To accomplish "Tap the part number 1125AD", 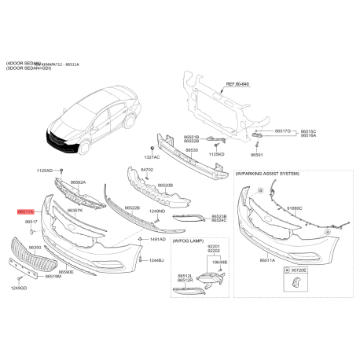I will click(x=44, y=171).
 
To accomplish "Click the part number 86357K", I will click(x=75, y=211).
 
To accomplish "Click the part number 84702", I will click(x=147, y=169).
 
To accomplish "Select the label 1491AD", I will click(x=157, y=238).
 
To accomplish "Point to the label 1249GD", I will click(x=19, y=288).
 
